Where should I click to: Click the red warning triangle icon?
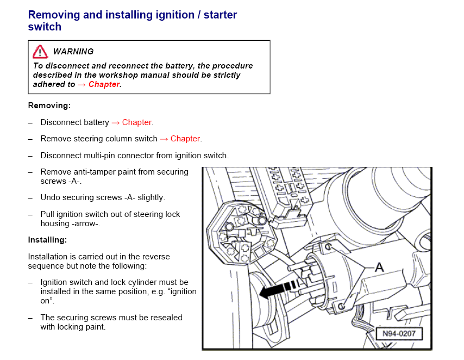40,52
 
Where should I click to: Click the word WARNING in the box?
73,52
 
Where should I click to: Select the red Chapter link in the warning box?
104,84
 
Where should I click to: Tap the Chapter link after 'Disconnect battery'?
137,122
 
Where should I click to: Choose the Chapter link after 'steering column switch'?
185,139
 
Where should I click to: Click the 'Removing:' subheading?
49,105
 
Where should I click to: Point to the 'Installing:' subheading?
48,240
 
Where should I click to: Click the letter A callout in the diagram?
379,267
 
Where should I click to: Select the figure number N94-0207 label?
399,334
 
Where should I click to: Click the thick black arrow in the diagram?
280,289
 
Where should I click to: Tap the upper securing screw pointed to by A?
328,246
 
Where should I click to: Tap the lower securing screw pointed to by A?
341,306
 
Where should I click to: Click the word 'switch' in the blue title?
45,27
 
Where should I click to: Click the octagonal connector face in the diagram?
241,233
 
